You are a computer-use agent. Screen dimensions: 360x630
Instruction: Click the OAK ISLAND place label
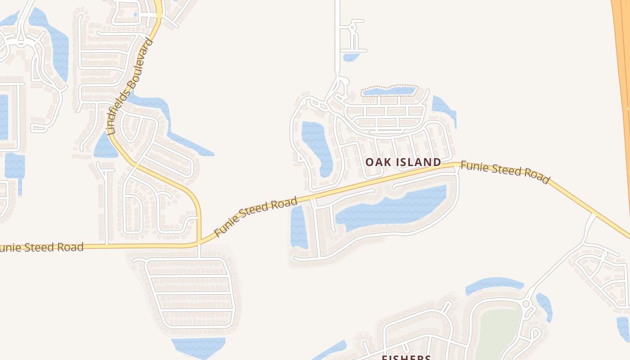tap(403, 162)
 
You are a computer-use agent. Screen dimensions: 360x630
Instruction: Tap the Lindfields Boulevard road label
tap(131, 87)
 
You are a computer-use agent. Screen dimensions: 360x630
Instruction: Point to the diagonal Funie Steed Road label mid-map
tap(256, 216)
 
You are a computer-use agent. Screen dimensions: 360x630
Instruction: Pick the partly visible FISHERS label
tap(406, 357)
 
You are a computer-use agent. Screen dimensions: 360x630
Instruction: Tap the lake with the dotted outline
tap(390, 91)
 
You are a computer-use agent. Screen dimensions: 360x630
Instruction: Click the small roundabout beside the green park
tap(526, 304)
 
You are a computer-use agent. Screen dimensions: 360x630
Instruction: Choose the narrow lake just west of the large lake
tap(298, 227)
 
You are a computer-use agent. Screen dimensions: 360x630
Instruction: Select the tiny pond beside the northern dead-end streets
tap(351, 57)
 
